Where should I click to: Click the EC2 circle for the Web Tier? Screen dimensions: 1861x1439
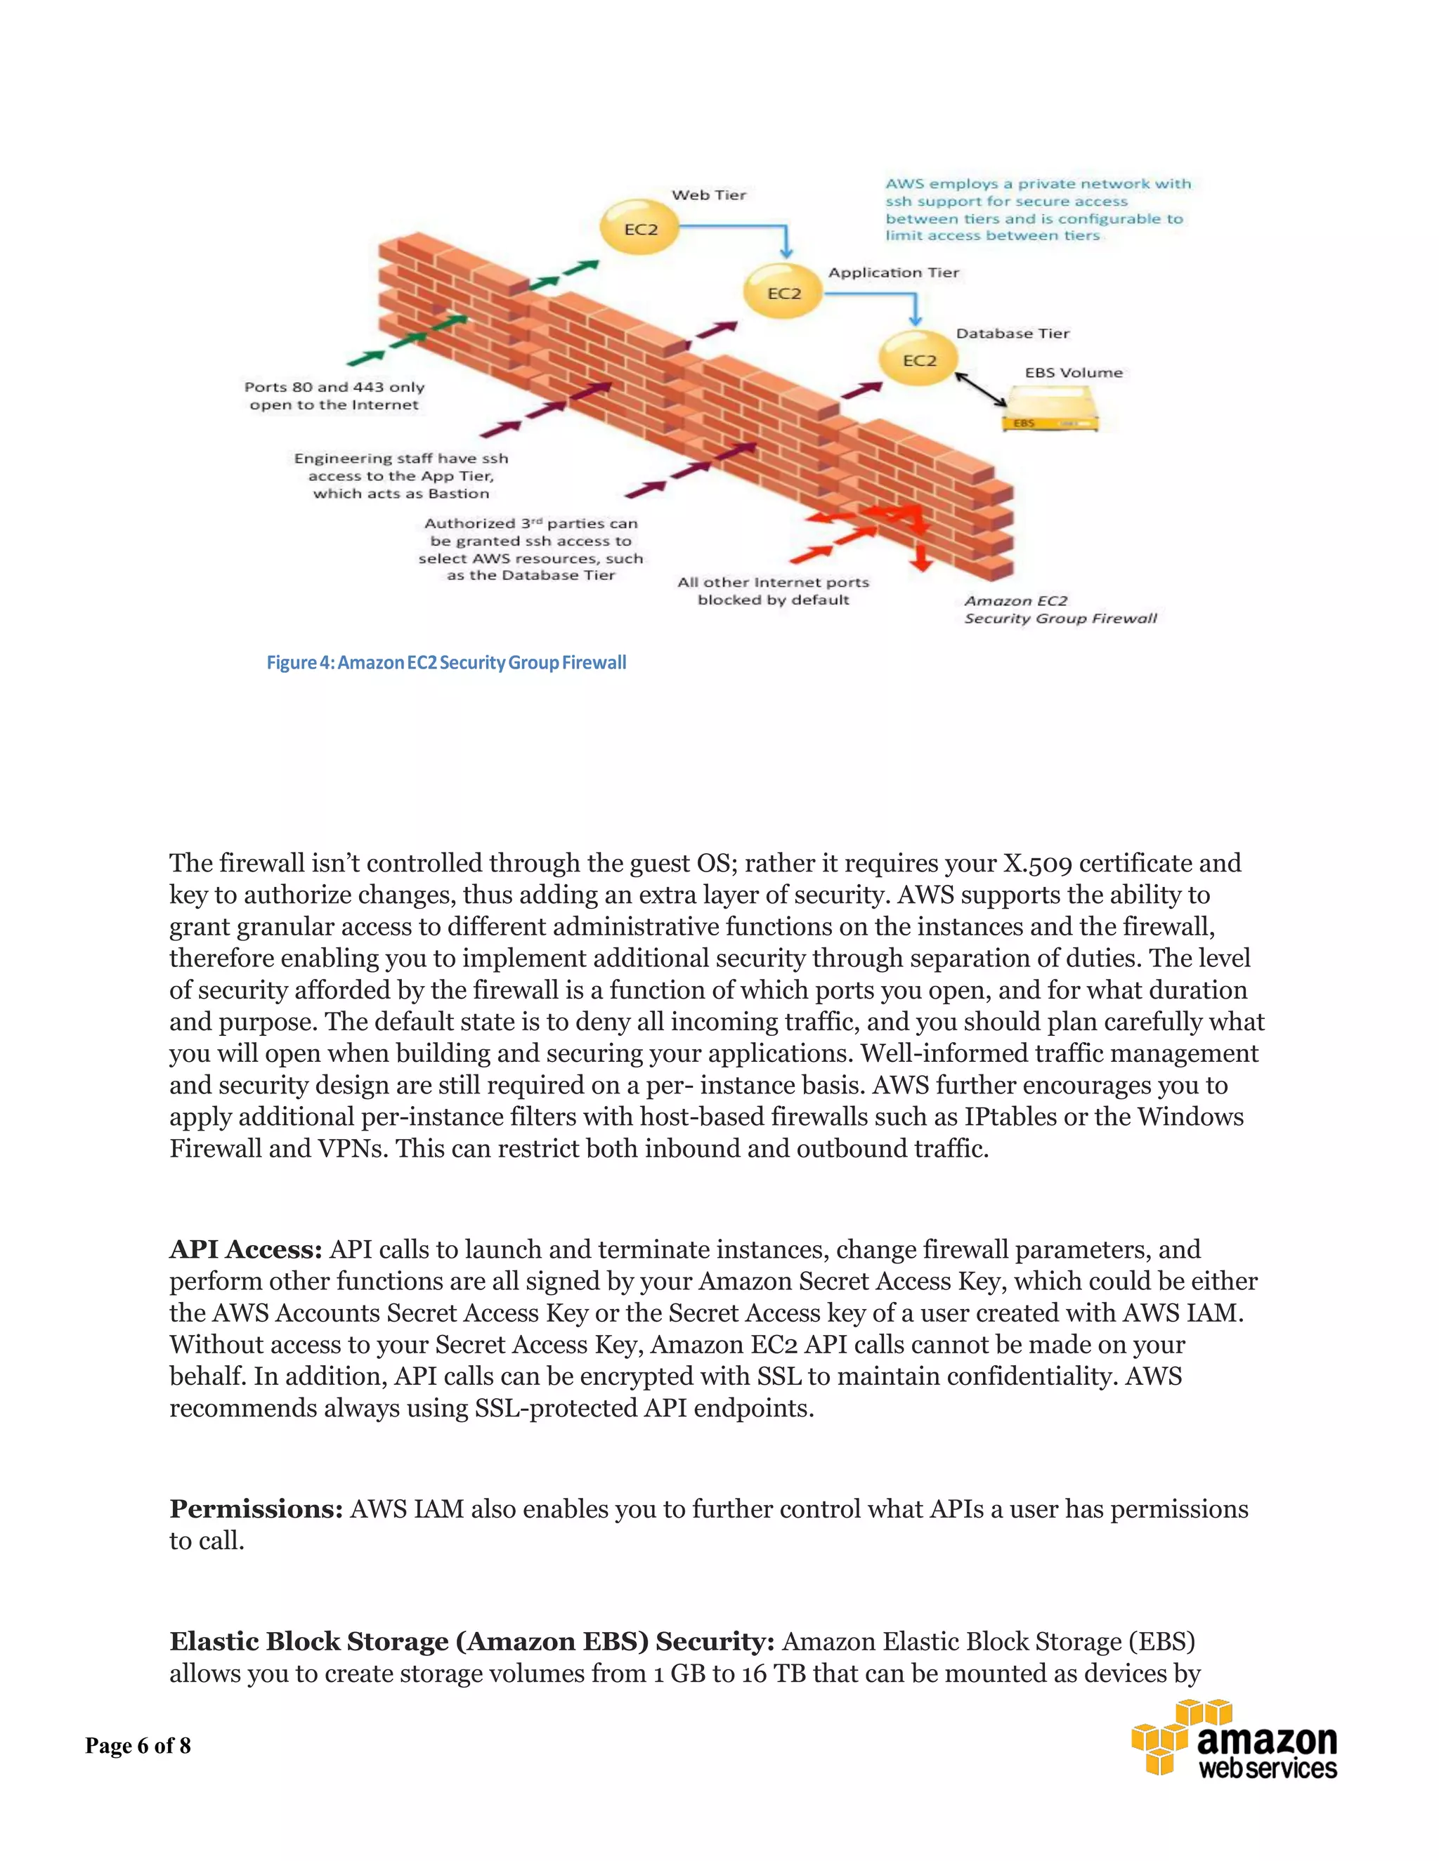click(x=640, y=228)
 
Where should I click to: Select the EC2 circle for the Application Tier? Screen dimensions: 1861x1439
click(x=783, y=293)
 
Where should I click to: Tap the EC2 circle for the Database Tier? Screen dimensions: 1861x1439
click(x=919, y=360)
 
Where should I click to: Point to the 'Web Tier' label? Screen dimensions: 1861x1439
click(x=708, y=195)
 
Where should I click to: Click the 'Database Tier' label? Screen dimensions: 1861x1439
click(x=1012, y=333)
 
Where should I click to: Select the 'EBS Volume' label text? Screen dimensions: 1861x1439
click(x=1074, y=372)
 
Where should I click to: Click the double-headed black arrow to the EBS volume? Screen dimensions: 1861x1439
click(x=981, y=390)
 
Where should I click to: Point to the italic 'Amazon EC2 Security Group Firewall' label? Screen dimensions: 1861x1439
click(x=1060, y=610)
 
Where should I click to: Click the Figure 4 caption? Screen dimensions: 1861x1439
click(x=447, y=662)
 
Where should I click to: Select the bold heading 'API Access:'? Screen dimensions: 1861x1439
click(x=245, y=1249)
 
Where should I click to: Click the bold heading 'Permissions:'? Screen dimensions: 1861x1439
click(x=256, y=1509)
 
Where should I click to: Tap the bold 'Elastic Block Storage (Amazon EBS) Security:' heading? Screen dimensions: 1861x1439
click(x=471, y=1641)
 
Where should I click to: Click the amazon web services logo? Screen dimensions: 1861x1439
click(x=1234, y=1740)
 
